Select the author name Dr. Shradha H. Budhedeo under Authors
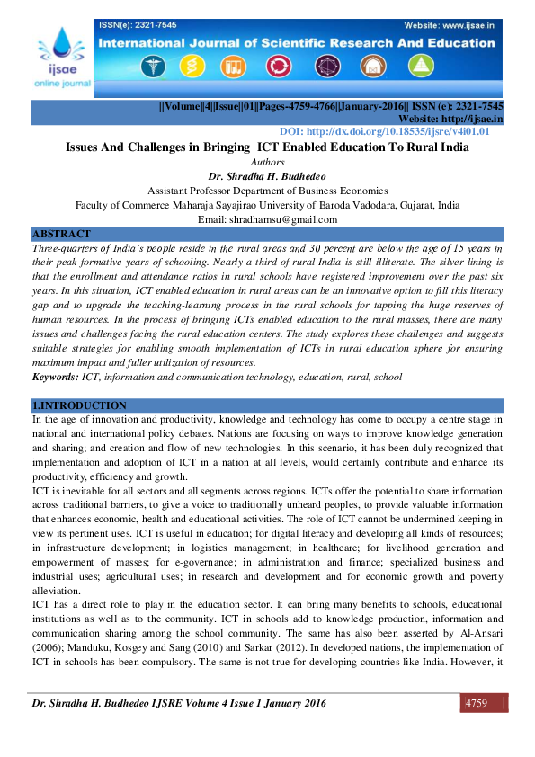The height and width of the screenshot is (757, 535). (266, 176)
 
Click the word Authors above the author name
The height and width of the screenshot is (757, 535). (267, 163)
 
